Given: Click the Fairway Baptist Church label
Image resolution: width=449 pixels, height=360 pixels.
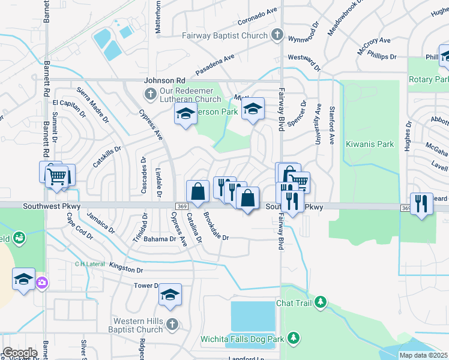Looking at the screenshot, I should coord(225,35).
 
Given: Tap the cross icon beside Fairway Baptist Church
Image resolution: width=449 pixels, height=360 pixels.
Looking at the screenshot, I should coord(277,34).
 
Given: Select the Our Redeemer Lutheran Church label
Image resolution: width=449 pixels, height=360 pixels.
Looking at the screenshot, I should coord(191,95).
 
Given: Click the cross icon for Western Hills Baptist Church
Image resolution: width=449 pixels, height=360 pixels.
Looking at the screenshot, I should coord(172,325).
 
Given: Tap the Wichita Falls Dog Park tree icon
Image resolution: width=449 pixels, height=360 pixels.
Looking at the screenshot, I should coord(294,338).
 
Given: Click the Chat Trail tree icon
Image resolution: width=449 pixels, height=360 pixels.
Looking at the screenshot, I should coord(321,301).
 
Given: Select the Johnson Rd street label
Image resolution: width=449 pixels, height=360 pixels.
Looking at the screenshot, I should coord(164,80).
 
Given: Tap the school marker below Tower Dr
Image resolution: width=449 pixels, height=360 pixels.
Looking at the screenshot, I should coord(170,295).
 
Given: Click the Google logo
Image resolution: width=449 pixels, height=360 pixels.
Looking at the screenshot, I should coord(20,353).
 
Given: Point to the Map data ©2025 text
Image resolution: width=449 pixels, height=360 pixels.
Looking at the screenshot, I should coord(423,355).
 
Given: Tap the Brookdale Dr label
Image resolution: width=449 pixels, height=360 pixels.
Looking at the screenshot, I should coord(216,226).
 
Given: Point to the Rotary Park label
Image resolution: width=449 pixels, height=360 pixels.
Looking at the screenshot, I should coord(429,79).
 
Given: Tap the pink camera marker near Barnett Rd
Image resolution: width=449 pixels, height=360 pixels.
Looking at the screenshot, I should coord(41,283).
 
